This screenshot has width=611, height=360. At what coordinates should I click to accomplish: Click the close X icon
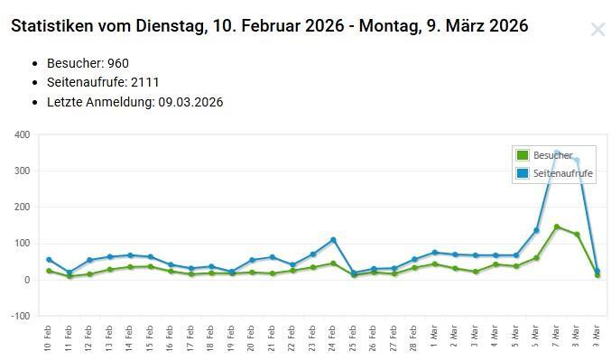click(x=597, y=29)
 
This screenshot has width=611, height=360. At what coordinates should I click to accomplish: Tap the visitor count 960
click(x=118, y=63)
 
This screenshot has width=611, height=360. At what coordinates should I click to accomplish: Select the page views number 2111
click(x=145, y=82)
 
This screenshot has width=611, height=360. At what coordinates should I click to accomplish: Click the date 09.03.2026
click(x=190, y=102)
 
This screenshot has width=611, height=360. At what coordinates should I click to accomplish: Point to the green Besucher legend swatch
click(x=523, y=155)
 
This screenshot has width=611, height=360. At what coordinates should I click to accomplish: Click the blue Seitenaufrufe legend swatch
click(x=523, y=173)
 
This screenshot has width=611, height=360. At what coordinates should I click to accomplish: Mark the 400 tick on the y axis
click(x=23, y=134)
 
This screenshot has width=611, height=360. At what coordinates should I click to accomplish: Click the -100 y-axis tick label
click(x=20, y=316)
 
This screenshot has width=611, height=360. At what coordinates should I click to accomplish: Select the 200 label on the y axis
click(x=23, y=207)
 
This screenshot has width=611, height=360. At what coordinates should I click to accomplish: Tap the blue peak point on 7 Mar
click(x=557, y=152)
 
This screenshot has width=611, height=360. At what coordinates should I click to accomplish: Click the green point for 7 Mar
click(x=557, y=226)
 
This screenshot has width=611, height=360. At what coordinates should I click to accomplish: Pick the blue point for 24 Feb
click(x=333, y=240)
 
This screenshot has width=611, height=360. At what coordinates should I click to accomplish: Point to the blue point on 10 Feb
click(x=49, y=260)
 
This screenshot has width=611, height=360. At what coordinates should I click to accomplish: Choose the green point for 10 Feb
click(x=49, y=271)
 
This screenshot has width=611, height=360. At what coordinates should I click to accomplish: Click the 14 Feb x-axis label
click(x=128, y=338)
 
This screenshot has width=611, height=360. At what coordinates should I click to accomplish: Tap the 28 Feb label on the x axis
click(x=413, y=338)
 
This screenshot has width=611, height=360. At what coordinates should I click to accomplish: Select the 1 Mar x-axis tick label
click(x=434, y=337)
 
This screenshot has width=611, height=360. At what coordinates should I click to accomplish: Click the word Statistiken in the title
click(x=52, y=26)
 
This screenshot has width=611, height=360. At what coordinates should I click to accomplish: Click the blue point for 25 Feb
click(x=354, y=273)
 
